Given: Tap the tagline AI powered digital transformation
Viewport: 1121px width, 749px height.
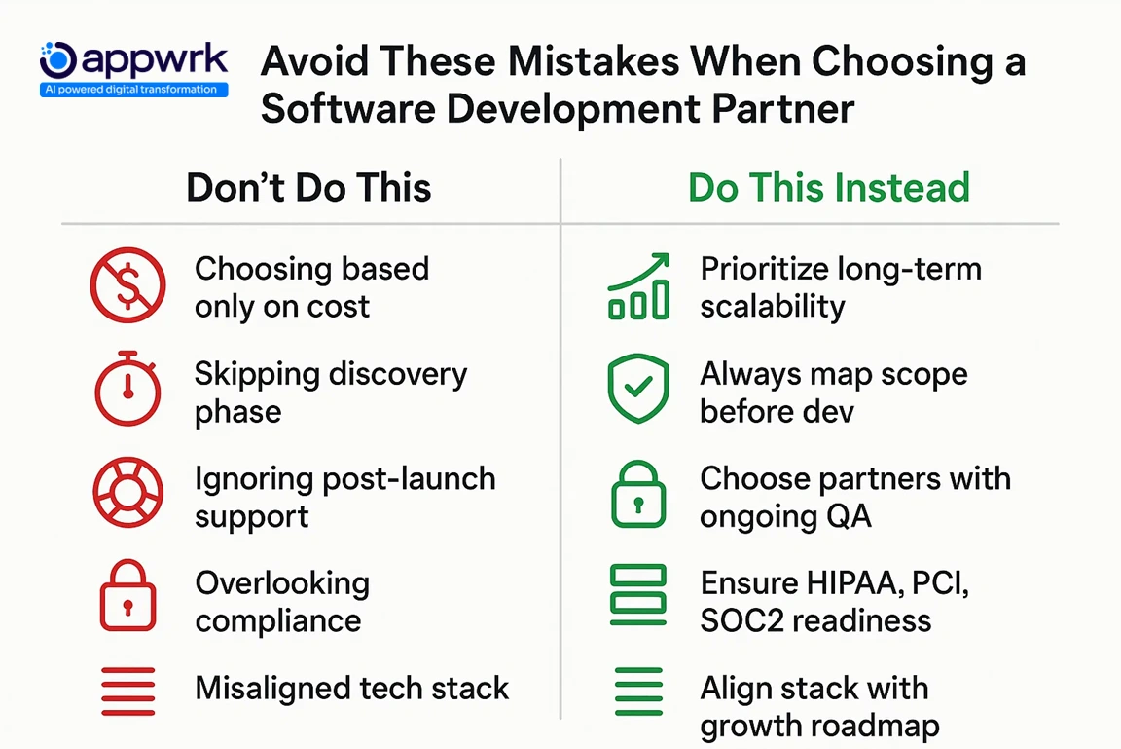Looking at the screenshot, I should pyautogui.click(x=134, y=90).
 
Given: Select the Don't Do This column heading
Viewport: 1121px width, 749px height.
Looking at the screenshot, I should pyautogui.click(x=308, y=187).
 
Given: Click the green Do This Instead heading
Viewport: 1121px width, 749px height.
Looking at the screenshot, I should pyautogui.click(x=828, y=187).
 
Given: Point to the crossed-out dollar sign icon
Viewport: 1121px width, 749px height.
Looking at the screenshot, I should pyautogui.click(x=127, y=285).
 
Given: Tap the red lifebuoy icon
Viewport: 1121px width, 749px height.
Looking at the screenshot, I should pyautogui.click(x=127, y=494).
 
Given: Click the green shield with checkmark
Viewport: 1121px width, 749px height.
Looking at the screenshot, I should pyautogui.click(x=638, y=389).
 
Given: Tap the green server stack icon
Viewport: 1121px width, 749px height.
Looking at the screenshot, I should pyautogui.click(x=638, y=595).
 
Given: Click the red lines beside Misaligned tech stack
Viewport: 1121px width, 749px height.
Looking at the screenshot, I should pyautogui.click(x=127, y=691).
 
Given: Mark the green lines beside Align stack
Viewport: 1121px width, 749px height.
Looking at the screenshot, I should pyautogui.click(x=638, y=691).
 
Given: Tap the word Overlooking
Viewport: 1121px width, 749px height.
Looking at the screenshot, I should pyautogui.click(x=282, y=583).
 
